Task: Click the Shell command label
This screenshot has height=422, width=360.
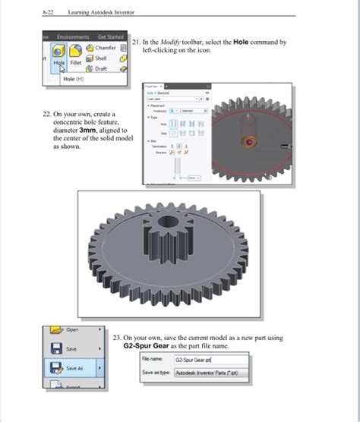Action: [101, 58]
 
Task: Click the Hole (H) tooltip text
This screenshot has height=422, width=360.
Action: [74, 79]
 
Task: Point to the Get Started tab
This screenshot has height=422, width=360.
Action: [110, 36]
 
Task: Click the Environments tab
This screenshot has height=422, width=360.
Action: [72, 36]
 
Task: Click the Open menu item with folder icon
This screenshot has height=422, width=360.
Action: [72, 329]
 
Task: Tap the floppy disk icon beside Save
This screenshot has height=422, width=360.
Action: [58, 348]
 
